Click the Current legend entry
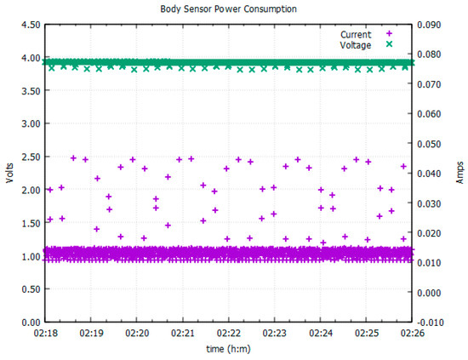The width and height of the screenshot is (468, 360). click(x=356, y=33)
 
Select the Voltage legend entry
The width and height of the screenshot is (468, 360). click(x=356, y=44)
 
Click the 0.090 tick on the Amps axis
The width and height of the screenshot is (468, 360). click(x=431, y=26)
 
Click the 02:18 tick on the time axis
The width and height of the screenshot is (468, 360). click(x=45, y=334)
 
